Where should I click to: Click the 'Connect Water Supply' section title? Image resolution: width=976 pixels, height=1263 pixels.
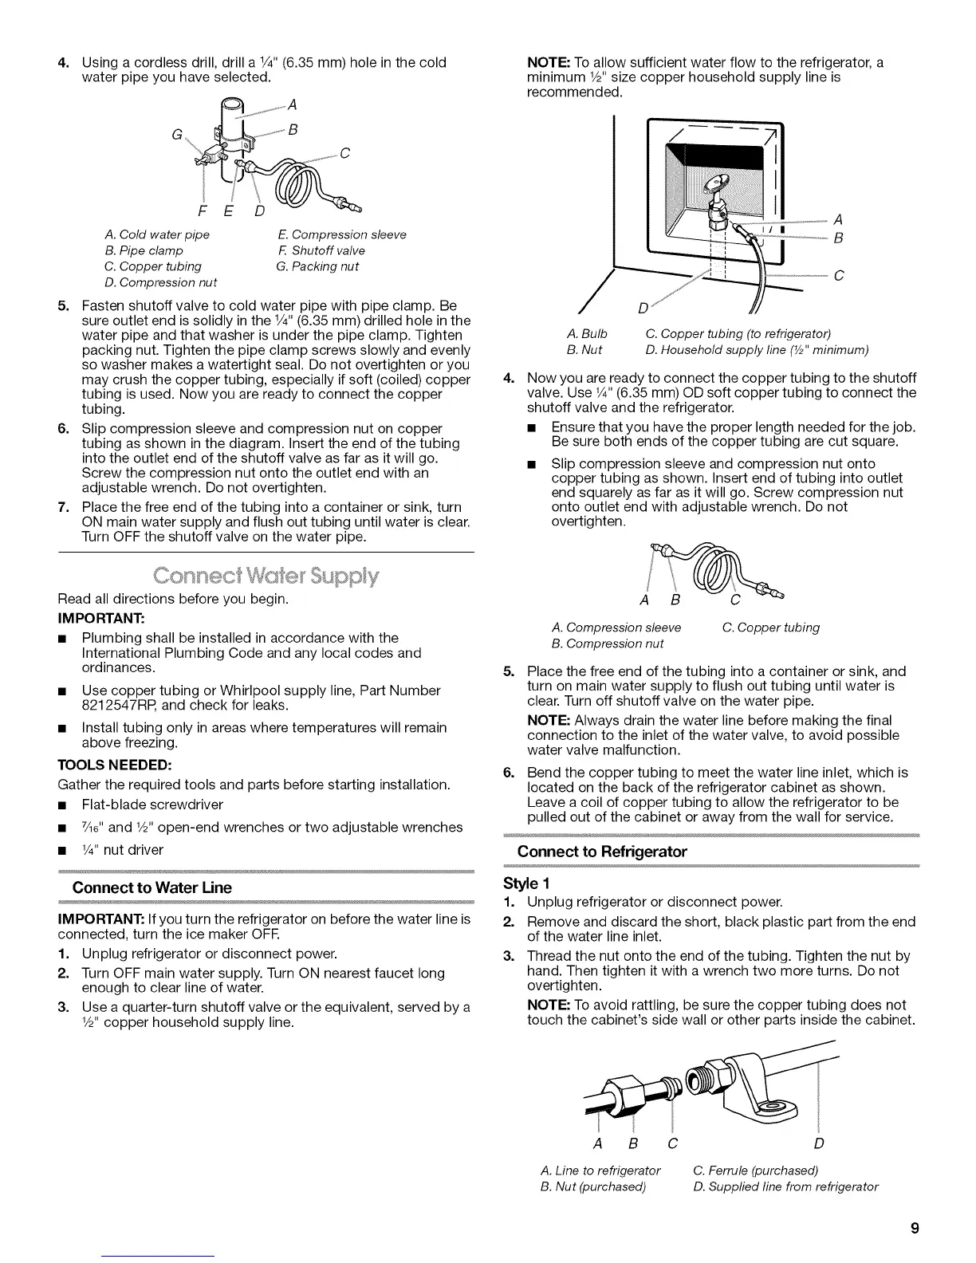266,576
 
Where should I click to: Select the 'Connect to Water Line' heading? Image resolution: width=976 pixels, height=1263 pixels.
152,887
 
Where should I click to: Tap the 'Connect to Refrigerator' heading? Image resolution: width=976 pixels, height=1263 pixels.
602,852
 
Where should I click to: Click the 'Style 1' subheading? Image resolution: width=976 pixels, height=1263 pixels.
527,883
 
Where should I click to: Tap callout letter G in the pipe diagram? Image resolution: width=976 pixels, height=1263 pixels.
174,135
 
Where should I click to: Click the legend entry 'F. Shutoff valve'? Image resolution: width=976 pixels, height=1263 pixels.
321,250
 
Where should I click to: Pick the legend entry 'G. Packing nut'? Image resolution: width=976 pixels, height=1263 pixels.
317,266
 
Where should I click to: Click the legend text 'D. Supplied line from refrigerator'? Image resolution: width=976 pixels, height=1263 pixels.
785,1186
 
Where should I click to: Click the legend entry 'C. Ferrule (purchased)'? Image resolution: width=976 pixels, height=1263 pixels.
756,1171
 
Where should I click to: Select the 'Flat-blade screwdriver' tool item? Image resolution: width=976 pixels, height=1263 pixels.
152,805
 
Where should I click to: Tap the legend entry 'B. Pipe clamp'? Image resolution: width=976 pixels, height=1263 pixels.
144,250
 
